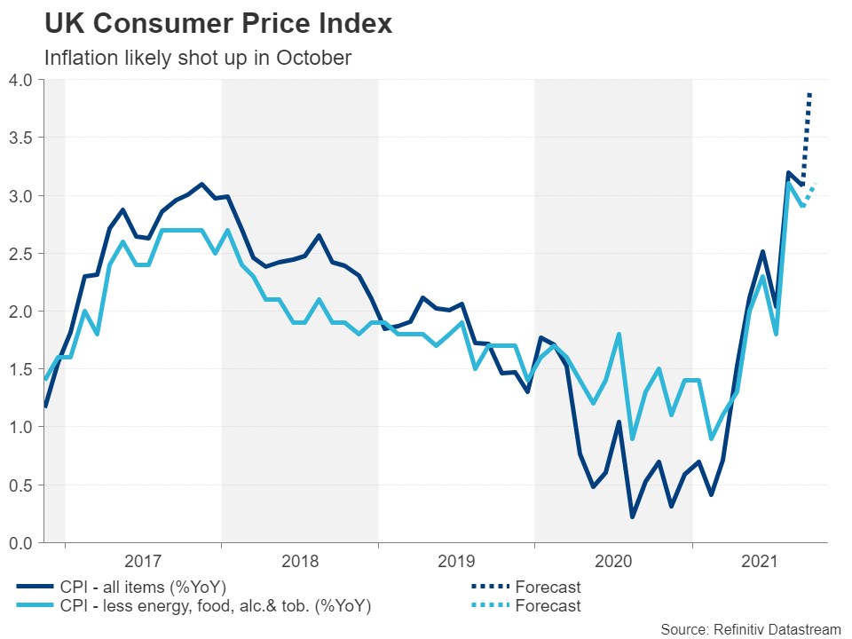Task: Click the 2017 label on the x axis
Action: point(143,562)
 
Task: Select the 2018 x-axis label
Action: point(300,562)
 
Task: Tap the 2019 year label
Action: point(456,562)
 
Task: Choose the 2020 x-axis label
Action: point(613,562)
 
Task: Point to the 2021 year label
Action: point(760,562)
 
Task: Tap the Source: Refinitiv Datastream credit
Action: point(751,628)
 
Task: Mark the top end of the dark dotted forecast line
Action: point(809,92)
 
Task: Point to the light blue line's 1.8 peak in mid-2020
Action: point(618,335)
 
